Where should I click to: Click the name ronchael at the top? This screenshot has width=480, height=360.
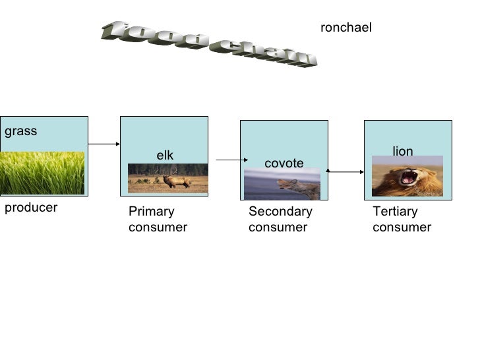(345, 28)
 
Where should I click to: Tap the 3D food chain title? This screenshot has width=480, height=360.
(208, 43)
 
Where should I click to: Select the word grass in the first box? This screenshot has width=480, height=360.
(21, 131)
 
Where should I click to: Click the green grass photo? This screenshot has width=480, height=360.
(43, 173)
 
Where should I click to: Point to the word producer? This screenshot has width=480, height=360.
(31, 208)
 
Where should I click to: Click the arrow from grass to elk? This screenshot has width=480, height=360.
(104, 143)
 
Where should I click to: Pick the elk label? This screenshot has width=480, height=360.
(164, 155)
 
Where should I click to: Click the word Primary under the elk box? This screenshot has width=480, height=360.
(151, 212)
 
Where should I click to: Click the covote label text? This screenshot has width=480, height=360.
(284, 163)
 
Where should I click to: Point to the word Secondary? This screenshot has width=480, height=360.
(280, 212)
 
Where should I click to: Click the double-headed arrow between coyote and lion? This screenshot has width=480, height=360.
(345, 171)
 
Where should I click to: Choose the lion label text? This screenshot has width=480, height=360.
(402, 152)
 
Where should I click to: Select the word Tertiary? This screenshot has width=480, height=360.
(395, 212)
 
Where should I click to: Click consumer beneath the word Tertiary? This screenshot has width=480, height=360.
(402, 227)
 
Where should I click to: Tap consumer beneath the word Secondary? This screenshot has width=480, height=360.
(278, 227)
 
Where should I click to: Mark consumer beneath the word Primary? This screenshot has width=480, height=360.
(158, 227)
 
